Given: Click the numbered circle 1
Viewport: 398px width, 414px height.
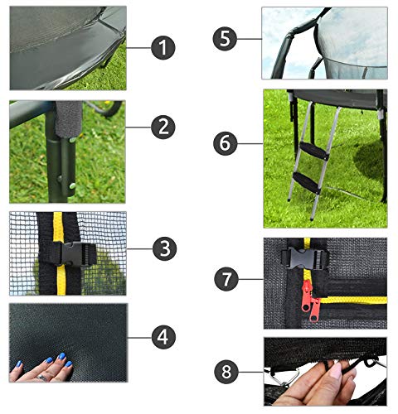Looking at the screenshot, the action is tap(163, 47).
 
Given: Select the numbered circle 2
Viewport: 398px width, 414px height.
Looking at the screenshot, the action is tap(163, 128).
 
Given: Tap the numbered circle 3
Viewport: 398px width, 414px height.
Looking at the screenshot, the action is tap(165, 248).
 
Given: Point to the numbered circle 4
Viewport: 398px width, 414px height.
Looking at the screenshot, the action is tap(163, 337).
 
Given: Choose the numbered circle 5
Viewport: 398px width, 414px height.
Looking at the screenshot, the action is tap(225, 39).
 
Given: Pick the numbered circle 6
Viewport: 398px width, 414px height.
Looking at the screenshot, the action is tap(226, 143).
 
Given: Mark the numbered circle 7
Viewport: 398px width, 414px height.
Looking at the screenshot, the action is tap(226, 279).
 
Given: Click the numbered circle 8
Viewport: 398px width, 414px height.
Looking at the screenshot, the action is tap(226, 372).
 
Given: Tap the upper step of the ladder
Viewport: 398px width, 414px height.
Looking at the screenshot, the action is tap(314, 151).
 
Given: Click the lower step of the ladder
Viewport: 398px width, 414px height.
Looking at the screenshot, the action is tap(306, 183).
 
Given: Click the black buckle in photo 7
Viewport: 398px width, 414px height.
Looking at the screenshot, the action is tap(305, 258).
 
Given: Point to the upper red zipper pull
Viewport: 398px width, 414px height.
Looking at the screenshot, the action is tap(306, 296).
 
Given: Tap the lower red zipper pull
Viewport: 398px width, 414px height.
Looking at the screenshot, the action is tap(314, 310).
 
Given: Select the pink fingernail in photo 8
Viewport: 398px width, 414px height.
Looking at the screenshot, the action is tap(336, 370).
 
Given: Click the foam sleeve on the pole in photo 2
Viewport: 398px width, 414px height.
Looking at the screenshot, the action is tap(69, 118).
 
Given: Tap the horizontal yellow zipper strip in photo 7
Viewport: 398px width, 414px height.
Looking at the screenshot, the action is tap(354, 301).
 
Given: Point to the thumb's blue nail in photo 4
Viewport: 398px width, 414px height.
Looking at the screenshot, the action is tap(19, 363).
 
